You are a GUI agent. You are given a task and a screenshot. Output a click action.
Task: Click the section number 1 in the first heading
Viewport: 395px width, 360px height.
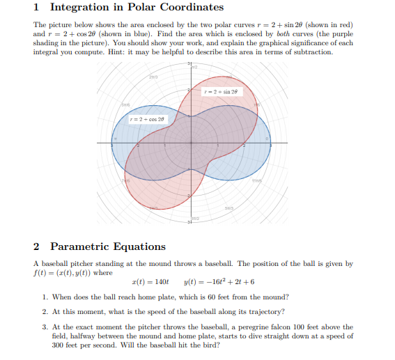click(x=36, y=8)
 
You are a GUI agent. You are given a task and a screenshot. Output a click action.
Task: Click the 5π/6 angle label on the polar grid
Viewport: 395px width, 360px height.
click(x=107, y=104)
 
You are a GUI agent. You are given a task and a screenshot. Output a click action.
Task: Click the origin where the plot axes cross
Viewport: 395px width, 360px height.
click(x=189, y=143)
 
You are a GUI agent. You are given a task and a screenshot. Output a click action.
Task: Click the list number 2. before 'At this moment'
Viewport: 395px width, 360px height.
click(x=45, y=311)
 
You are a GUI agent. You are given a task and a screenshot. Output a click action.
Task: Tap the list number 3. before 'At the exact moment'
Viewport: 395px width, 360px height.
click(x=45, y=326)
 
